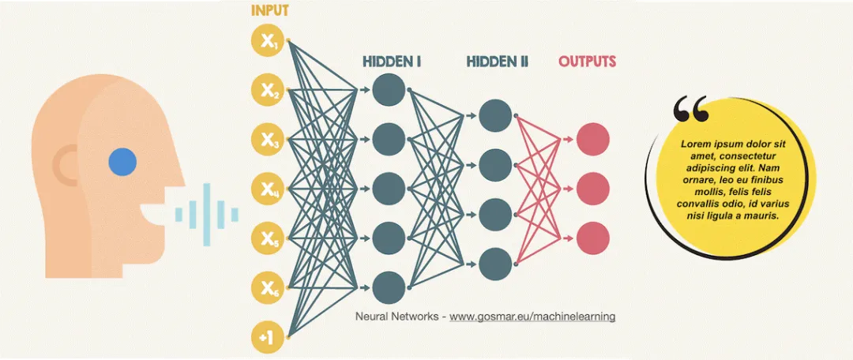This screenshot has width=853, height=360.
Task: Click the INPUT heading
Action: (x=270, y=11)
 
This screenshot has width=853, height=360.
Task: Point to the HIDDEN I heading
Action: (x=392, y=61)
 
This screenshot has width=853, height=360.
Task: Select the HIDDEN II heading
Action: (x=497, y=61)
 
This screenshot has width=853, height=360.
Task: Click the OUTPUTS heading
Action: (x=588, y=61)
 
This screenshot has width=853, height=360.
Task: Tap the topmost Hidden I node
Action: (x=389, y=89)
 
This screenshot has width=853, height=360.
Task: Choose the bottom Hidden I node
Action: (x=389, y=287)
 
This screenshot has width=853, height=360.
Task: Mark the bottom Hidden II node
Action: (x=494, y=262)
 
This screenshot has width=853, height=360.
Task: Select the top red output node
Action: (x=592, y=140)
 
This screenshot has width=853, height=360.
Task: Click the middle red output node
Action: (x=592, y=189)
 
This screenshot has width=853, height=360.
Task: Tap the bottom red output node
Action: (x=592, y=238)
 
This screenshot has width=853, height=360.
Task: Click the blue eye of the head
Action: (x=122, y=162)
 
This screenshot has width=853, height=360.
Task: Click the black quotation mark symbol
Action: (x=691, y=110)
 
